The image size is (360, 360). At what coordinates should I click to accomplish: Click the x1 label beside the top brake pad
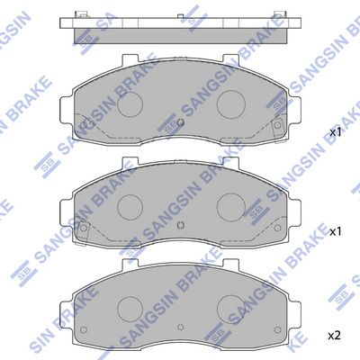pos(336,132)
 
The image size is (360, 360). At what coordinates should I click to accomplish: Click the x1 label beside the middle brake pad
pos(336,231)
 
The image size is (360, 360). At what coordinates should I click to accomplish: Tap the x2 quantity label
pos(335,336)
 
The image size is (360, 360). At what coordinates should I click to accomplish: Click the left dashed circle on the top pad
pos(130,104)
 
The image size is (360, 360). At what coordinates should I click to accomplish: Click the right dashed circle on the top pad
pos(231,103)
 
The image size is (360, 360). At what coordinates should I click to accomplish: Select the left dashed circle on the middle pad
pos(130,207)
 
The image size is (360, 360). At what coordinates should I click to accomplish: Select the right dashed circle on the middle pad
pos(231,206)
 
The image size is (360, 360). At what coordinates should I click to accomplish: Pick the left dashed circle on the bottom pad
pos(130,309)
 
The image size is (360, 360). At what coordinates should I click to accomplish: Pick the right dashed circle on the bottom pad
pos(231,309)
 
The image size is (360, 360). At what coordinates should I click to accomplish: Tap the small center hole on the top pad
pos(181,122)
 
